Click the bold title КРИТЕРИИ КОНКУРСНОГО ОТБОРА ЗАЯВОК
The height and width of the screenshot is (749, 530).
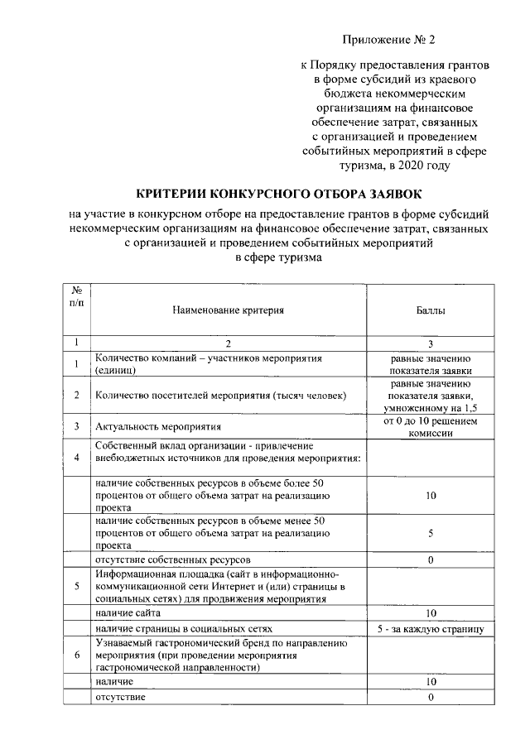264,192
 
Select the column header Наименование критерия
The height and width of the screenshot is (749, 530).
228,311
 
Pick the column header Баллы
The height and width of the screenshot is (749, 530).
430,311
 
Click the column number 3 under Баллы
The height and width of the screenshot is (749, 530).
430,343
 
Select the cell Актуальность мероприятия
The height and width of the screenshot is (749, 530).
158,427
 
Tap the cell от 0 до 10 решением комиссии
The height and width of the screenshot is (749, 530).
430,427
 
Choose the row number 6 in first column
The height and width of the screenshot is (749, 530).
76,655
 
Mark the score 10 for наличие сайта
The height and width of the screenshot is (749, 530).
430,613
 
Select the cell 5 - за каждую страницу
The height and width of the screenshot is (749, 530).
430,629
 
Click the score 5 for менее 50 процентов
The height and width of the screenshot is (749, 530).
430,534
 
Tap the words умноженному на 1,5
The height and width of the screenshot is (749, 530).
430,408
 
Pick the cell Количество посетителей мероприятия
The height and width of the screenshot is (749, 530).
219,396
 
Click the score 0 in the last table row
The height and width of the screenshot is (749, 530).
430,697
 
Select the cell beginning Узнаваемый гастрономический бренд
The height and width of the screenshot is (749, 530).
219,654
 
